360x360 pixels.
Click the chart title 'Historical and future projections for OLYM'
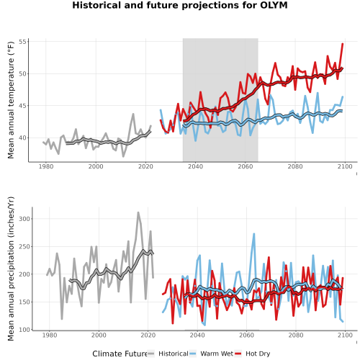click(x=180, y=5)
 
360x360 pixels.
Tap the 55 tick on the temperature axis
click(x=22, y=42)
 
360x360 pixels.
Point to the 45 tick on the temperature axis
click(x=22, y=106)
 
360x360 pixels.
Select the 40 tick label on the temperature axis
click(x=22, y=138)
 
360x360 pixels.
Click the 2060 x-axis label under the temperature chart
click(x=245, y=166)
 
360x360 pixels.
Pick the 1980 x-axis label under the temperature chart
click(x=46, y=166)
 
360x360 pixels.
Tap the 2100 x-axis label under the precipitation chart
click(x=345, y=335)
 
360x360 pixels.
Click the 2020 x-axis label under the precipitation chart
click(x=148, y=335)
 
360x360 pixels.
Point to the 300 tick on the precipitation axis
click(x=24, y=219)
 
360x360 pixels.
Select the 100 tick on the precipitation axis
click(x=24, y=330)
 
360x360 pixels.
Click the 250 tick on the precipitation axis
click(x=24, y=246)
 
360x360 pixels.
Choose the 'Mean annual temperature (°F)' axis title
click(x=11, y=100)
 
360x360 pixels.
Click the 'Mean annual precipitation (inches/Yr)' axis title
click(x=11, y=269)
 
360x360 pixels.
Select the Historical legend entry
click(x=168, y=354)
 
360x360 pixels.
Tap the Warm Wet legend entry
click(x=211, y=354)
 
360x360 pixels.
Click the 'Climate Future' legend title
click(x=120, y=354)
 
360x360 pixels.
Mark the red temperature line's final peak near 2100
click(x=343, y=44)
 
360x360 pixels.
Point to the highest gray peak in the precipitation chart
click(x=138, y=212)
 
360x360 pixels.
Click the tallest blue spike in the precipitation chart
click(x=253, y=234)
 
